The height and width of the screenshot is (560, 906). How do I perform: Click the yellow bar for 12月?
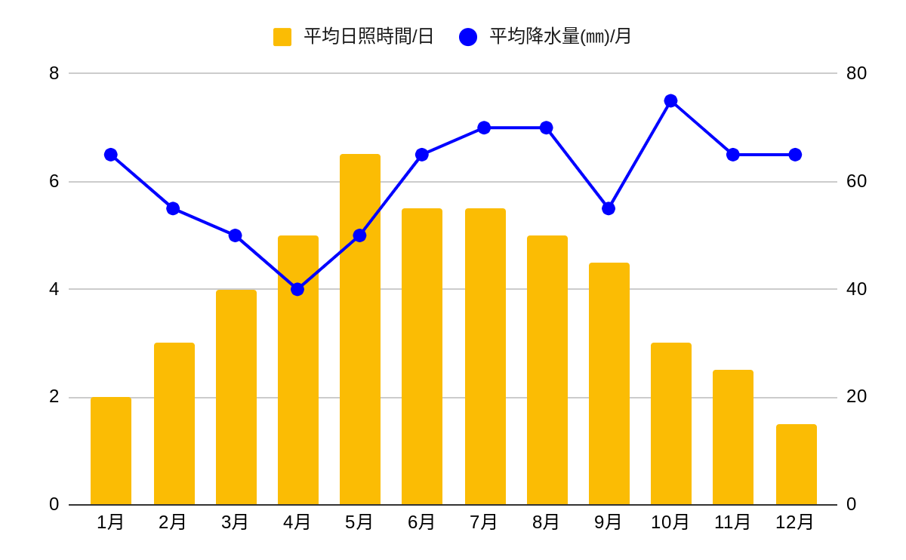coord(797,464)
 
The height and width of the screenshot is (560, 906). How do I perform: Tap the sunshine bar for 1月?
coord(111,451)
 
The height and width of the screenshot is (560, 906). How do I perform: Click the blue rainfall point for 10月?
coord(670,101)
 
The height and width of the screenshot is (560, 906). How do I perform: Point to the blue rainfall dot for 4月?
coord(297,289)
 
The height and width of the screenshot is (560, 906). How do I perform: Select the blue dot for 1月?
coord(111,155)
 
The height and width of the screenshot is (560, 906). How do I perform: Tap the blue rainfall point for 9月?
coord(609,208)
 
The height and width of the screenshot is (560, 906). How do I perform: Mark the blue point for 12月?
coord(795,155)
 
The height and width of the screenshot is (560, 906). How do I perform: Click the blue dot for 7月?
coord(484,128)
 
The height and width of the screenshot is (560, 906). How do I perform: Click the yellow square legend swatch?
coord(282,37)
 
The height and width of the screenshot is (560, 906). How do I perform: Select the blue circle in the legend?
coord(468,37)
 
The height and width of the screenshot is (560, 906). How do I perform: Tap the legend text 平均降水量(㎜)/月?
coord(560,36)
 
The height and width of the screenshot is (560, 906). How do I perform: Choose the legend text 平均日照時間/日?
coord(368,36)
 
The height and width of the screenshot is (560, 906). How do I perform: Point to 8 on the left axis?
coord(54,73)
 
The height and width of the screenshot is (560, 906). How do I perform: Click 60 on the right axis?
coord(856,181)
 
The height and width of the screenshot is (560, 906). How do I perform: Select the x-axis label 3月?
coord(235,522)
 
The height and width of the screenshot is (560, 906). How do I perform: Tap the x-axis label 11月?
coord(732,522)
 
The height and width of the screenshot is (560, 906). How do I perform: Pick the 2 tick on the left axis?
coord(54,396)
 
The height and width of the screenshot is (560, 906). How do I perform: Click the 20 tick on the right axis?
coord(856,396)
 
